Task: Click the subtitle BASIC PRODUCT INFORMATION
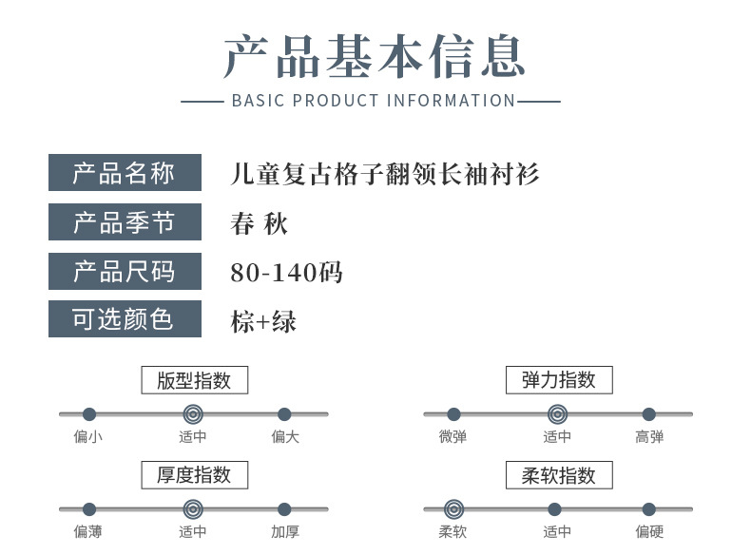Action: (x=374, y=101)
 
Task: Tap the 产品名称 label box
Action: (x=125, y=173)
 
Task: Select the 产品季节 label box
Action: (x=125, y=222)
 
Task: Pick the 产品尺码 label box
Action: (x=125, y=272)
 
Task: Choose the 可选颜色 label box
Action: (x=125, y=319)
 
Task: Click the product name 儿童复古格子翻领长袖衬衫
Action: (x=385, y=174)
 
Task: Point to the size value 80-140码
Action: (x=286, y=273)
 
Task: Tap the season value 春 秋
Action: (x=259, y=223)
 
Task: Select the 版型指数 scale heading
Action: (x=194, y=380)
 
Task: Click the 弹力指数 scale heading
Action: (x=558, y=380)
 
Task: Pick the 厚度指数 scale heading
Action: (x=194, y=475)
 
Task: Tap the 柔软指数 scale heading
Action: (x=558, y=475)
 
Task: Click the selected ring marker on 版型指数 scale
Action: (x=193, y=414)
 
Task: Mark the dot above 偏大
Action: (x=284, y=414)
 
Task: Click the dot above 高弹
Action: (x=648, y=414)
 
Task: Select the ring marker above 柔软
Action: (x=453, y=509)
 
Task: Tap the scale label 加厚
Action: (x=284, y=532)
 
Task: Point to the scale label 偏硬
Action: (x=649, y=532)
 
